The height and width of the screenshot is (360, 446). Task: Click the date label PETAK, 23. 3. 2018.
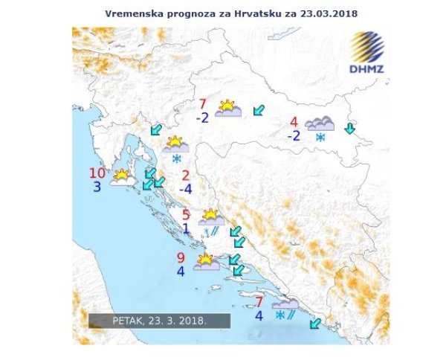pos(158,321)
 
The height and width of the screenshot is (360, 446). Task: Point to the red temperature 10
pos(97,173)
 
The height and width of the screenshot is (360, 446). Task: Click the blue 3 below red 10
pos(97,187)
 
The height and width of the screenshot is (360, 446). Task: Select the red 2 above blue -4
pos(186,176)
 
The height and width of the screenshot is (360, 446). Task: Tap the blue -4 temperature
pos(184,189)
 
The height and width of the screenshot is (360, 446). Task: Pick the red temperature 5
pos(186,216)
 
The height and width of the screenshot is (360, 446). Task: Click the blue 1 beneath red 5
pos(186,229)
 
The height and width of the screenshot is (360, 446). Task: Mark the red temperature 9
pos(181,258)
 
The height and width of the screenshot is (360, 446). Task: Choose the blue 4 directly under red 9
pos(181,271)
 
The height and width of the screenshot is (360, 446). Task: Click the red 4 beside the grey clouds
pos(294,122)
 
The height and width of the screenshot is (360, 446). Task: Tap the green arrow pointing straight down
pos(349,129)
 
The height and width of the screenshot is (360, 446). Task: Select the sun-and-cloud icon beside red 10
pos(122,176)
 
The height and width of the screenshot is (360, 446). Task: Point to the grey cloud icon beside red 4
pos(320,123)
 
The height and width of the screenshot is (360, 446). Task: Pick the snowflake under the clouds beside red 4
pos(321,138)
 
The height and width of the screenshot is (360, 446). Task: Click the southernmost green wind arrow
pos(315,323)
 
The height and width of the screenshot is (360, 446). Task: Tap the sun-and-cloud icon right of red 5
pos(211,217)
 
